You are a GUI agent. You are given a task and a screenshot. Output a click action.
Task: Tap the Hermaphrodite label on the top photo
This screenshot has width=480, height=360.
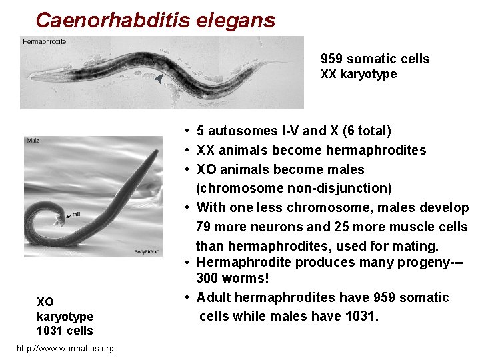(x=45, y=41)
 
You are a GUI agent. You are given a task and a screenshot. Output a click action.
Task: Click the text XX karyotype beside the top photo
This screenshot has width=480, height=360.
(x=359, y=74)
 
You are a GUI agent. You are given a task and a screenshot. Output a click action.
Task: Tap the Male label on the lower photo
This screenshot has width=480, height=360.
(x=33, y=141)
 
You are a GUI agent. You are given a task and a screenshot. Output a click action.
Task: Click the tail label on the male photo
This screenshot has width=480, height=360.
(x=77, y=214)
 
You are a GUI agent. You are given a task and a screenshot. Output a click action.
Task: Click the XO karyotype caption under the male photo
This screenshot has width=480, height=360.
(x=65, y=308)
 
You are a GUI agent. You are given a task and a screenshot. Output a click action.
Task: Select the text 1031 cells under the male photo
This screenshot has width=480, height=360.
(x=65, y=331)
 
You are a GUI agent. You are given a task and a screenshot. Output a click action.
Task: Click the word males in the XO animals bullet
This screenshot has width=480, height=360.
(x=345, y=169)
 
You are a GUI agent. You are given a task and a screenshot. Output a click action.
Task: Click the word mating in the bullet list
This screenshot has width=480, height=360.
(x=416, y=246)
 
